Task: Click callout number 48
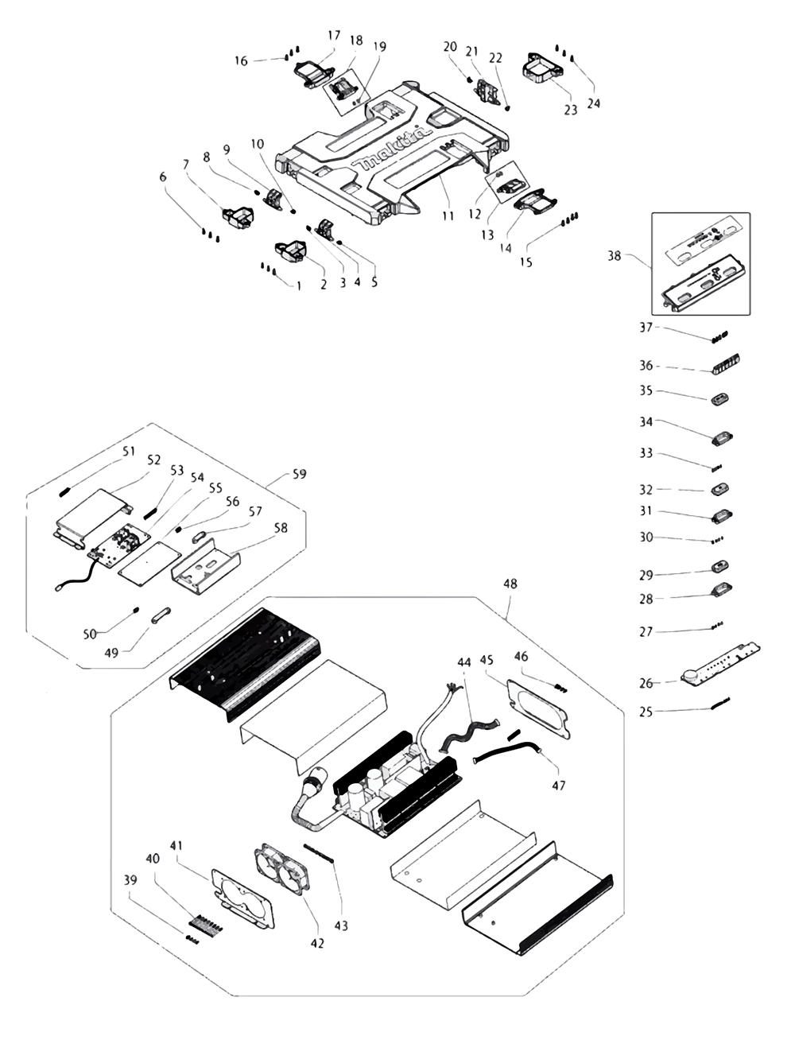(x=510, y=584)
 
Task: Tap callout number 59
(x=299, y=475)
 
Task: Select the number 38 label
(x=614, y=257)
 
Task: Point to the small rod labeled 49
(x=155, y=617)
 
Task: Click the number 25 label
(x=646, y=712)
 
